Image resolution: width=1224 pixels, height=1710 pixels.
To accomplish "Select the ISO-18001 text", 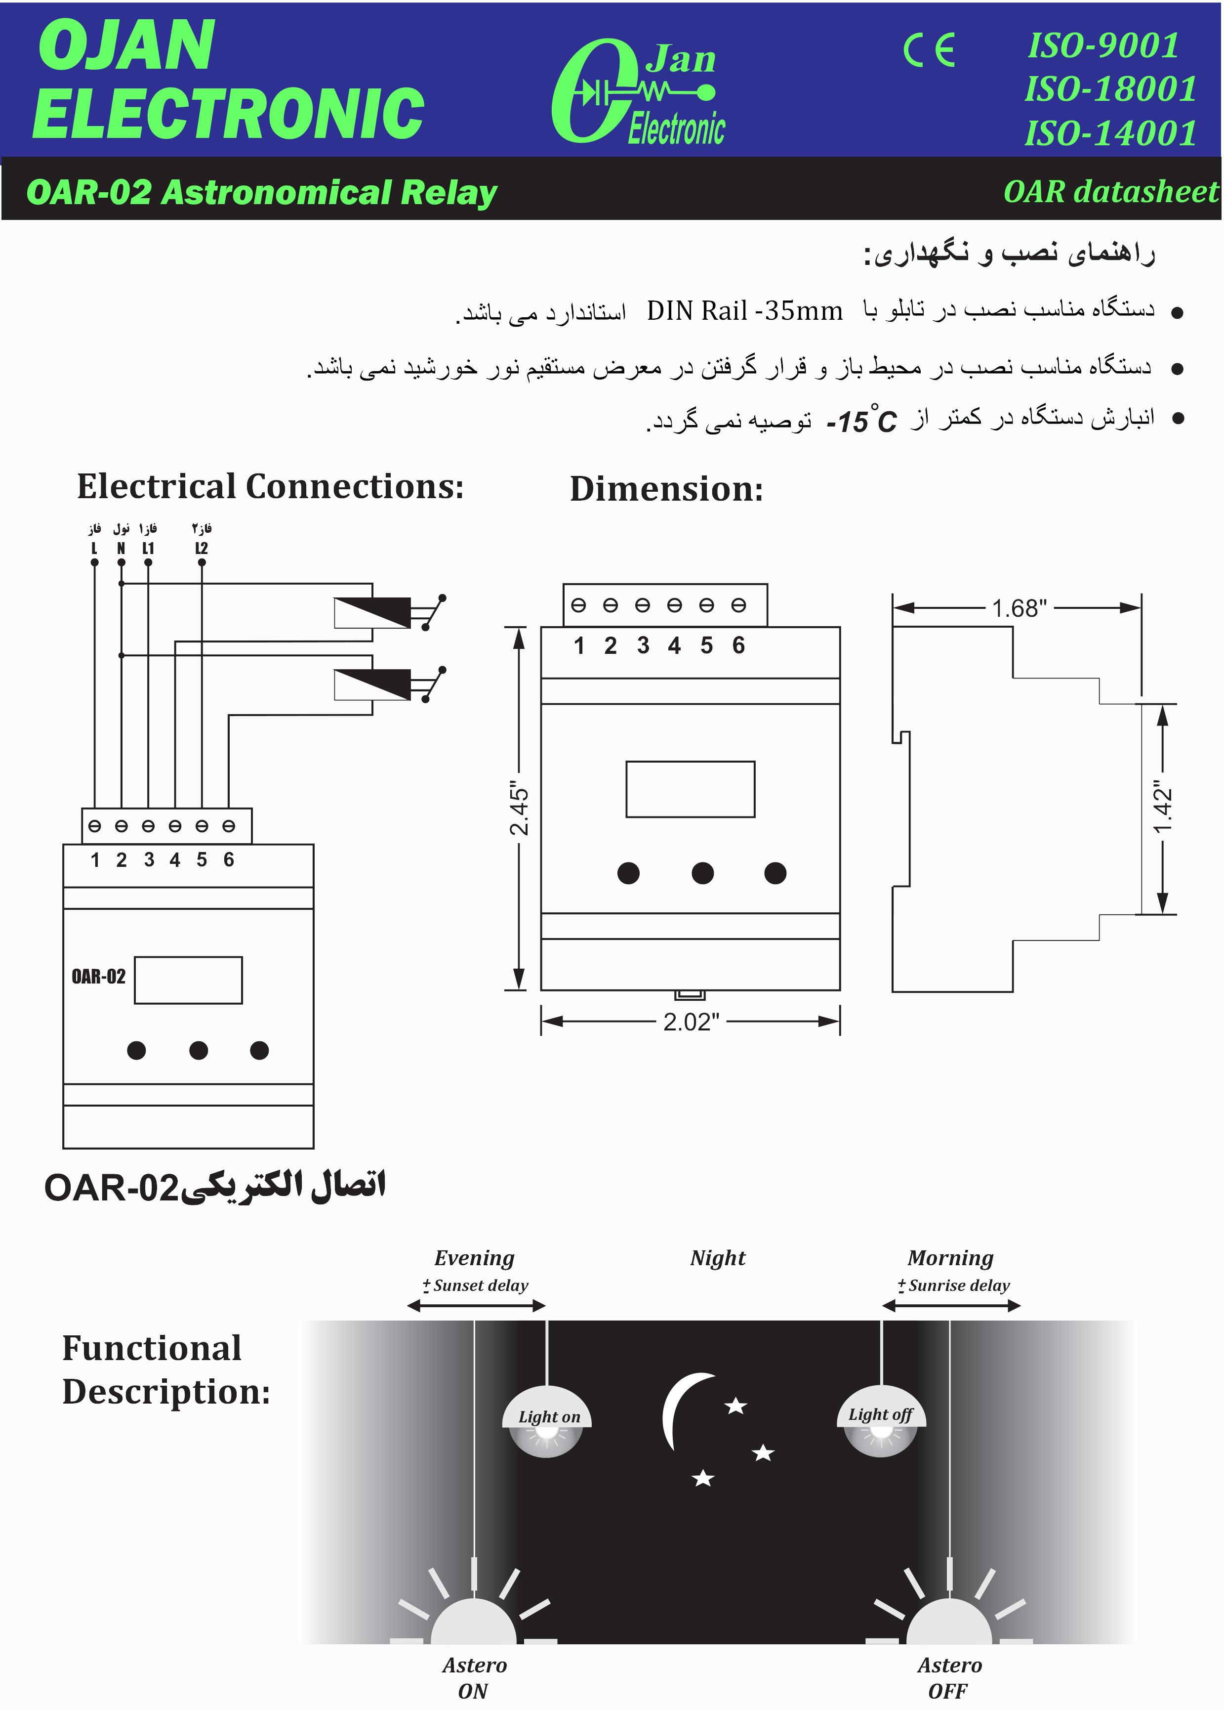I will coord(1109,89).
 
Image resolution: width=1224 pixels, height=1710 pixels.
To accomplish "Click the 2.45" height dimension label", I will coord(519,808).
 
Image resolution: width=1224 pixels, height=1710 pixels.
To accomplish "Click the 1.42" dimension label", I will coord(1162,808).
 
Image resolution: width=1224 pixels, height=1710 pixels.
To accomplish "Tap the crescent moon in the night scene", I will coord(682,1410).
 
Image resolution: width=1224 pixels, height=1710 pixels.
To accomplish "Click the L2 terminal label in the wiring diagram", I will coord(201,548).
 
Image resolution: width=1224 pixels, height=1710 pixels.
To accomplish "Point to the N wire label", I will coord(121,548).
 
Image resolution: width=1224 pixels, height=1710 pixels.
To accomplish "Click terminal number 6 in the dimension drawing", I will coord(738,645).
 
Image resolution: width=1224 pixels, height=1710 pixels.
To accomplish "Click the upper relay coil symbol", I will coord(372,612).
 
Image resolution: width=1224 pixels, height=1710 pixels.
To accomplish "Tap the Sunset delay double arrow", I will coord(476,1306).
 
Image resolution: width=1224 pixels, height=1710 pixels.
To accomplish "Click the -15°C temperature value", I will coord(861,421).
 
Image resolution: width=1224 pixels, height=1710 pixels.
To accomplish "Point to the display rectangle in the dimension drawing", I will coord(690,789).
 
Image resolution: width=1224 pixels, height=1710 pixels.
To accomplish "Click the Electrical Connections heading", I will coord(270,486).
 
